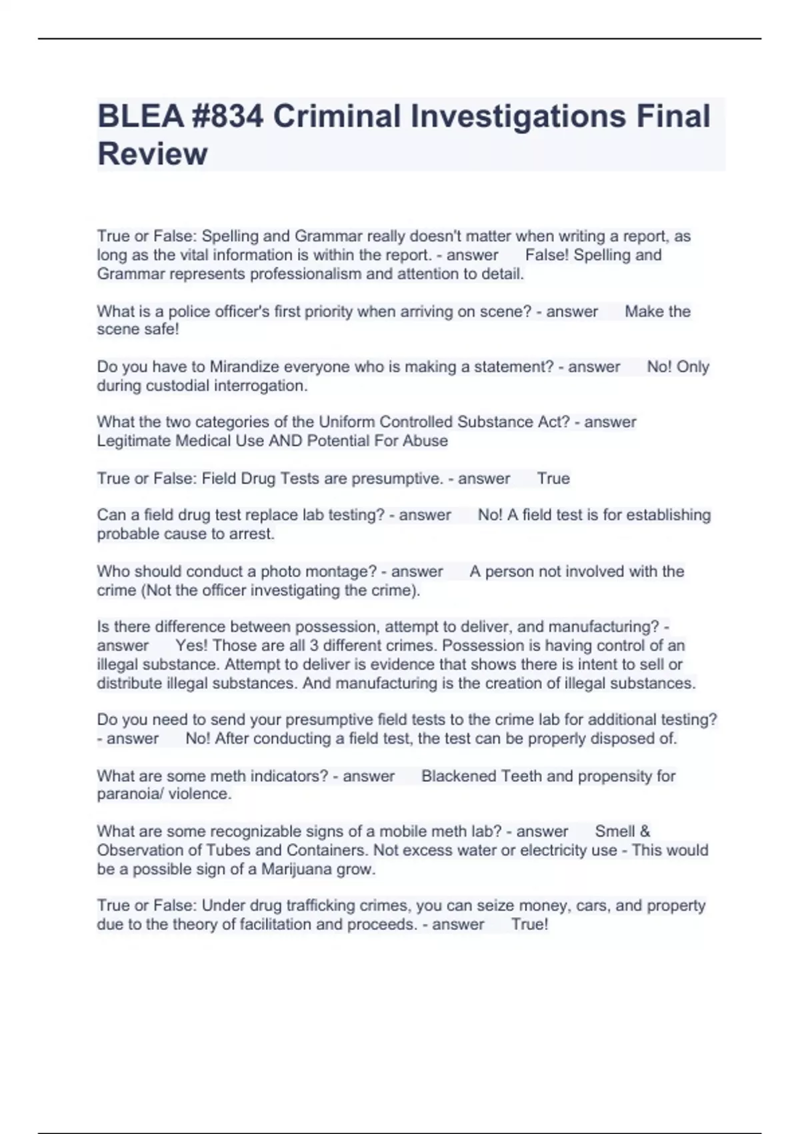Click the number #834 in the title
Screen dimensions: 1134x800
click(x=227, y=116)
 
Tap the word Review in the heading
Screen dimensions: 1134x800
click(x=153, y=154)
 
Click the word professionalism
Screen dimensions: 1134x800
click(x=321, y=274)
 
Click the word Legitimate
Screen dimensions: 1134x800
click(x=134, y=441)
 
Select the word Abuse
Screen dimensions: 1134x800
click(x=425, y=441)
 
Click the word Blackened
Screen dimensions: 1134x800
click(x=459, y=776)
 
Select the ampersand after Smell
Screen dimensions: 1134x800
click(x=645, y=832)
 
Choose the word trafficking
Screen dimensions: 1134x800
click(x=321, y=906)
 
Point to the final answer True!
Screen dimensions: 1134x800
click(x=530, y=925)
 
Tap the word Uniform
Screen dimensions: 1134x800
click(x=346, y=422)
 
